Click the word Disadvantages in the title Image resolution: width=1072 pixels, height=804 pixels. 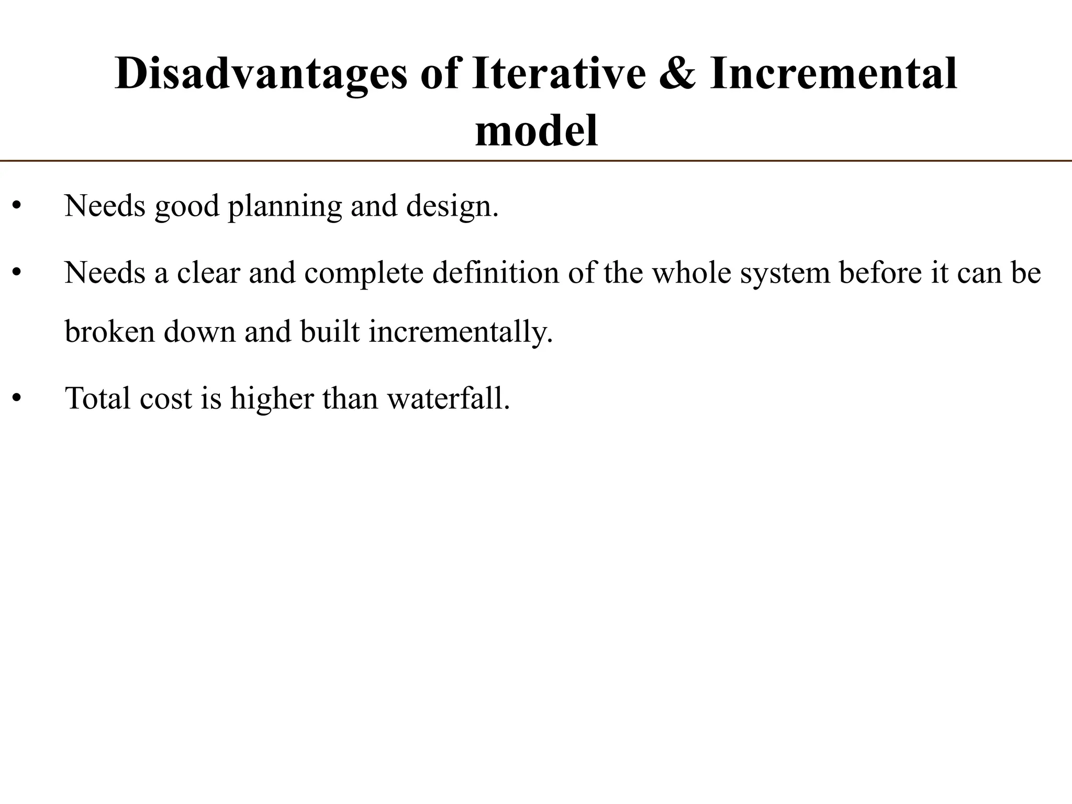[260, 74]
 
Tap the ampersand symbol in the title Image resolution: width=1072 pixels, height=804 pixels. [677, 74]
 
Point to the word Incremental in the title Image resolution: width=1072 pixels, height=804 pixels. [833, 74]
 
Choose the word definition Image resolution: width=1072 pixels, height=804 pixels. [496, 273]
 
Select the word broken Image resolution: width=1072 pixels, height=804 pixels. [110, 331]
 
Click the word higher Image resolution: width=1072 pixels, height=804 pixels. [272, 399]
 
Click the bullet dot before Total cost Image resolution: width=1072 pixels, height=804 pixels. [17, 399]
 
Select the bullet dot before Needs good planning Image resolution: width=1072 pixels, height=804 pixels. [17, 206]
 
